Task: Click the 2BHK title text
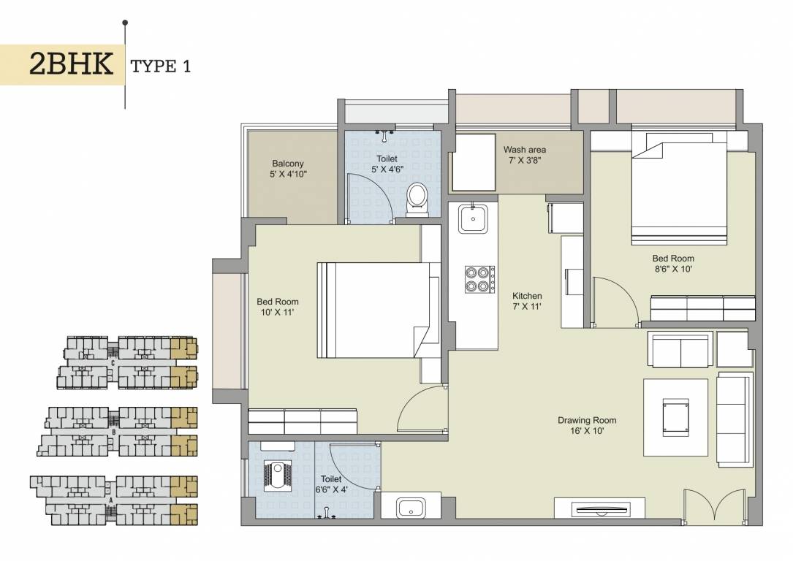[x=71, y=65]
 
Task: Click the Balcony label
[x=287, y=164]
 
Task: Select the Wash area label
[x=524, y=150]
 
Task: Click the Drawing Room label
[x=586, y=420]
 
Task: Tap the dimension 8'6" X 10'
[x=672, y=269]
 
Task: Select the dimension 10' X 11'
[x=277, y=312]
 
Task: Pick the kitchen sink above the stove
[x=473, y=218]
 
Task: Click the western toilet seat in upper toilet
[x=417, y=197]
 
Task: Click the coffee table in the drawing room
[x=675, y=417]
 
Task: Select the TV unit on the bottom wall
[x=599, y=509]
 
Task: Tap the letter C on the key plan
[x=112, y=361]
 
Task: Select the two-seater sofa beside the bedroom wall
[x=680, y=351]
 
